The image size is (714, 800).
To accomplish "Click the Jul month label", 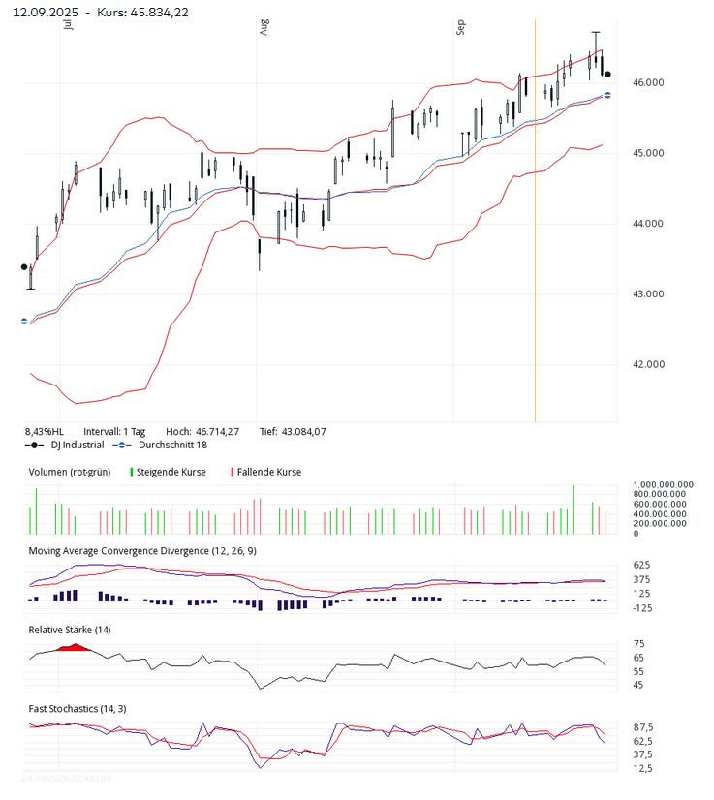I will tap(67, 26).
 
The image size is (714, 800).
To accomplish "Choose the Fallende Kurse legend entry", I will tap(268, 472).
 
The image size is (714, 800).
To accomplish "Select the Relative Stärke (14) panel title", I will tap(70, 630).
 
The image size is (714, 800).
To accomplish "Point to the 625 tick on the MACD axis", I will tap(640, 565).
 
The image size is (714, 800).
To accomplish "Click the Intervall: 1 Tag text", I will tap(114, 431).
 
